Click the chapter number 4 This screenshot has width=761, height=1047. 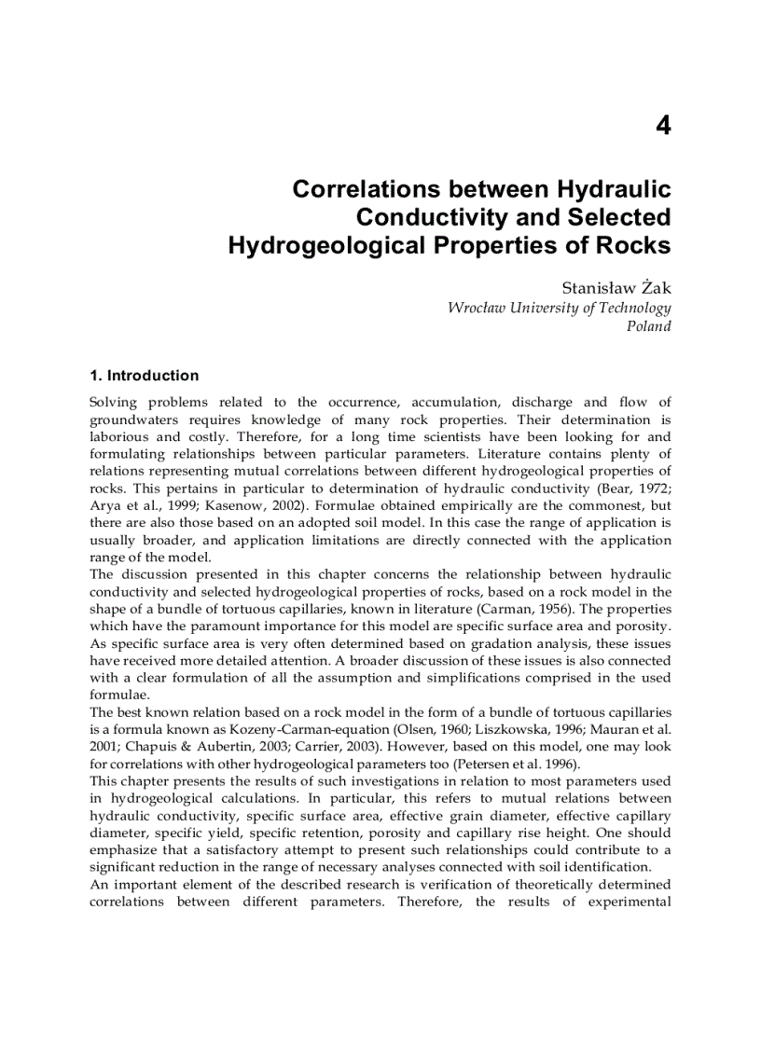(x=662, y=126)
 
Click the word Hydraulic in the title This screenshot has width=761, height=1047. (x=614, y=189)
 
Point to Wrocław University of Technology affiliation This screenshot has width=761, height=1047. (x=559, y=309)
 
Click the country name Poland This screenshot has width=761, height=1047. (x=648, y=326)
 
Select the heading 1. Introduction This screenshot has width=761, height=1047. (x=144, y=376)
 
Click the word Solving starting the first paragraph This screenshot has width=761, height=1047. (x=112, y=403)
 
